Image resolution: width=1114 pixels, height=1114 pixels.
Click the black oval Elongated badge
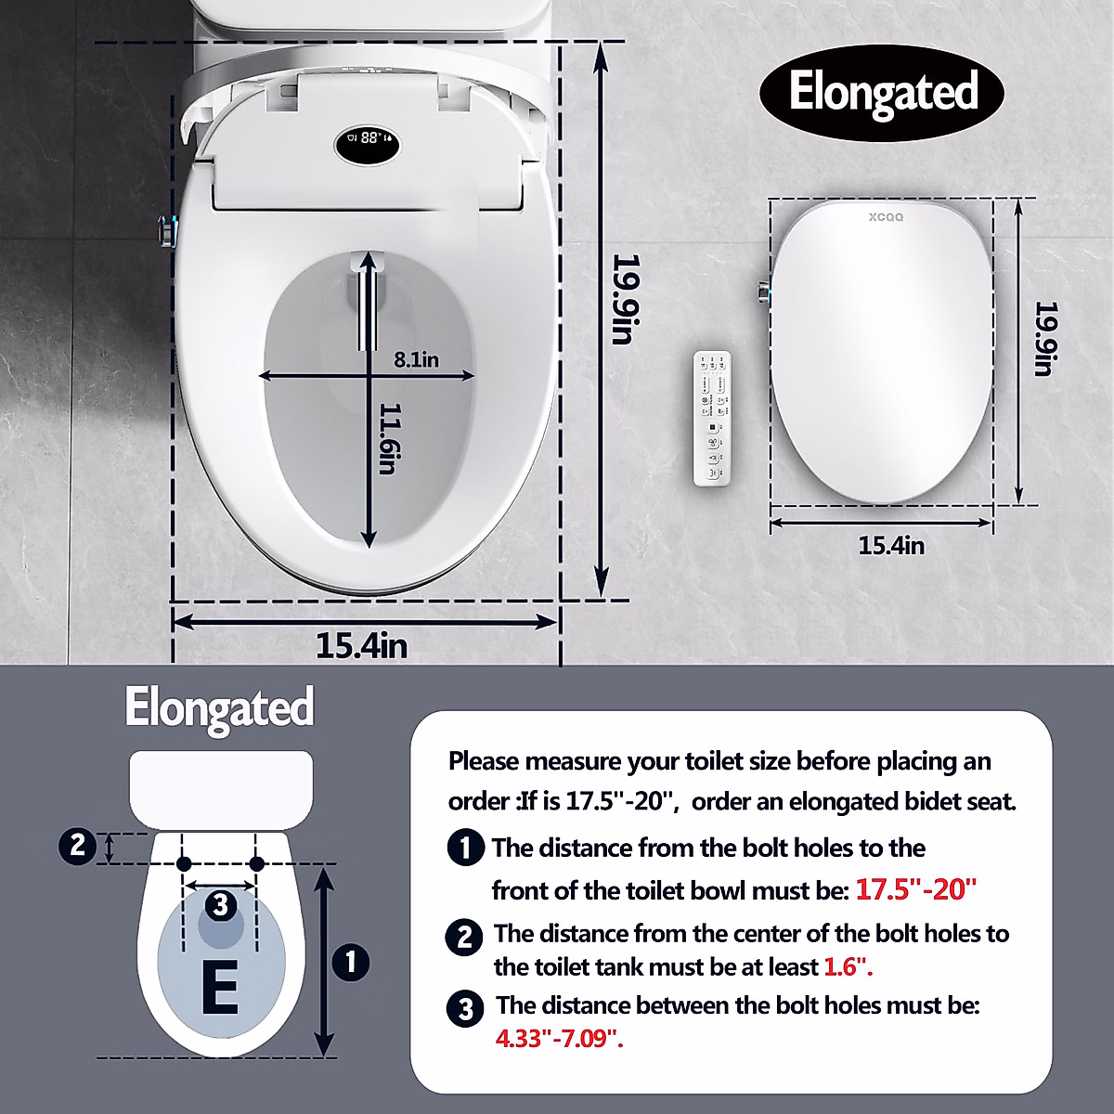tap(882, 92)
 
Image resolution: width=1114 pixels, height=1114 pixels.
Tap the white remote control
tap(714, 418)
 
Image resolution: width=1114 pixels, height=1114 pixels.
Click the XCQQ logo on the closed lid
tap(885, 217)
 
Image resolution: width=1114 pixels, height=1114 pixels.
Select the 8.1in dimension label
tap(416, 358)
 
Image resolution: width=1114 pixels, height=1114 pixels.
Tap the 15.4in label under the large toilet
tap(362, 645)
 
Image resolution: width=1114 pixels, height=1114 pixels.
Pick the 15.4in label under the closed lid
tap(891, 545)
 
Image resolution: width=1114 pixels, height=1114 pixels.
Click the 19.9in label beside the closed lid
tap(1044, 339)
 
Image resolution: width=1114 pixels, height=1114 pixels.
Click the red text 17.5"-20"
tap(916, 889)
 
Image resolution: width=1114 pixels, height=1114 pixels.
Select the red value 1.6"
tap(848, 967)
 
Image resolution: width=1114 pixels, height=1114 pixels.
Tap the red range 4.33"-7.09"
tap(559, 1038)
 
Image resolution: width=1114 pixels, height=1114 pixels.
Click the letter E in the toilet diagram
tap(219, 989)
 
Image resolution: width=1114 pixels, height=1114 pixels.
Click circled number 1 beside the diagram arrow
tap(351, 961)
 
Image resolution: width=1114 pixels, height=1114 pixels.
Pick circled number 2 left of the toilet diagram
tap(77, 846)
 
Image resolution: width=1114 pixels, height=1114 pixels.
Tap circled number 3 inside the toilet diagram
tap(220, 904)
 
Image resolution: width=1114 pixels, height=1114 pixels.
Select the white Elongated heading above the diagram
tap(220, 707)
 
